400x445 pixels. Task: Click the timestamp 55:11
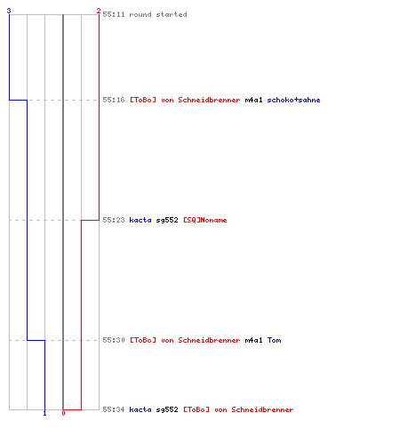pos(114,14)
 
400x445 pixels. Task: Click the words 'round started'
pos(158,14)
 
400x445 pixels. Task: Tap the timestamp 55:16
pos(114,100)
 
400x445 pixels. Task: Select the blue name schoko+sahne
pos(293,100)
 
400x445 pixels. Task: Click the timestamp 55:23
pos(114,220)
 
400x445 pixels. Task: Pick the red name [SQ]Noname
pos(205,220)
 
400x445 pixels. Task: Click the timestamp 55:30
pos(114,340)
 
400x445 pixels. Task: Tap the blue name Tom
pos(274,340)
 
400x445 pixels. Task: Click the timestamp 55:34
pos(114,409)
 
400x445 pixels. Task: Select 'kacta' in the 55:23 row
pos(140,220)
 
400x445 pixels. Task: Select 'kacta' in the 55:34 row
pos(140,409)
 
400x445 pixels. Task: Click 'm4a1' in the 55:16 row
pos(253,100)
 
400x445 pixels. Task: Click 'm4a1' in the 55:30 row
pos(253,340)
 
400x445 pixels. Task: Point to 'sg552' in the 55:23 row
pos(167,220)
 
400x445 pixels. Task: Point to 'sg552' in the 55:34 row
pos(167,409)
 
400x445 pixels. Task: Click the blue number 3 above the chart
pos(9,11)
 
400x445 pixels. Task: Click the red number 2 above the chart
pos(99,11)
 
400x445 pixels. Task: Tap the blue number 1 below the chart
pos(44,413)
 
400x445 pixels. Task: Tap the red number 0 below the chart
pos(63,413)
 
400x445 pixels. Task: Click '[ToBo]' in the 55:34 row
pos(196,409)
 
